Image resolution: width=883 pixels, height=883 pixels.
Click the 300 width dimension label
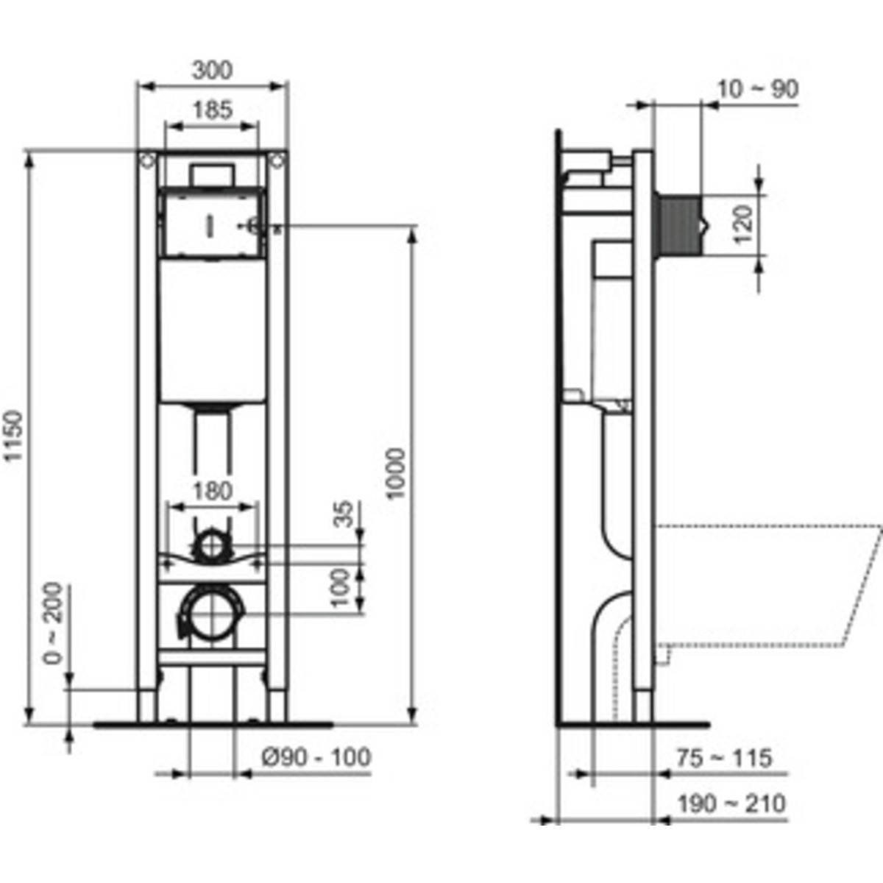pos(212,70)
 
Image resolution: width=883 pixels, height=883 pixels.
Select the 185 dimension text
pos(212,110)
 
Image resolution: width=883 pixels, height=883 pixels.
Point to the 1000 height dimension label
pos(397,473)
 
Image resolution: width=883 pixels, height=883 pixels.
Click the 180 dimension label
pos(213,492)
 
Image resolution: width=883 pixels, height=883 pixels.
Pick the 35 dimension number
pos(346,514)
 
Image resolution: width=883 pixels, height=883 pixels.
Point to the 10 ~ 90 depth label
pos(757,89)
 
